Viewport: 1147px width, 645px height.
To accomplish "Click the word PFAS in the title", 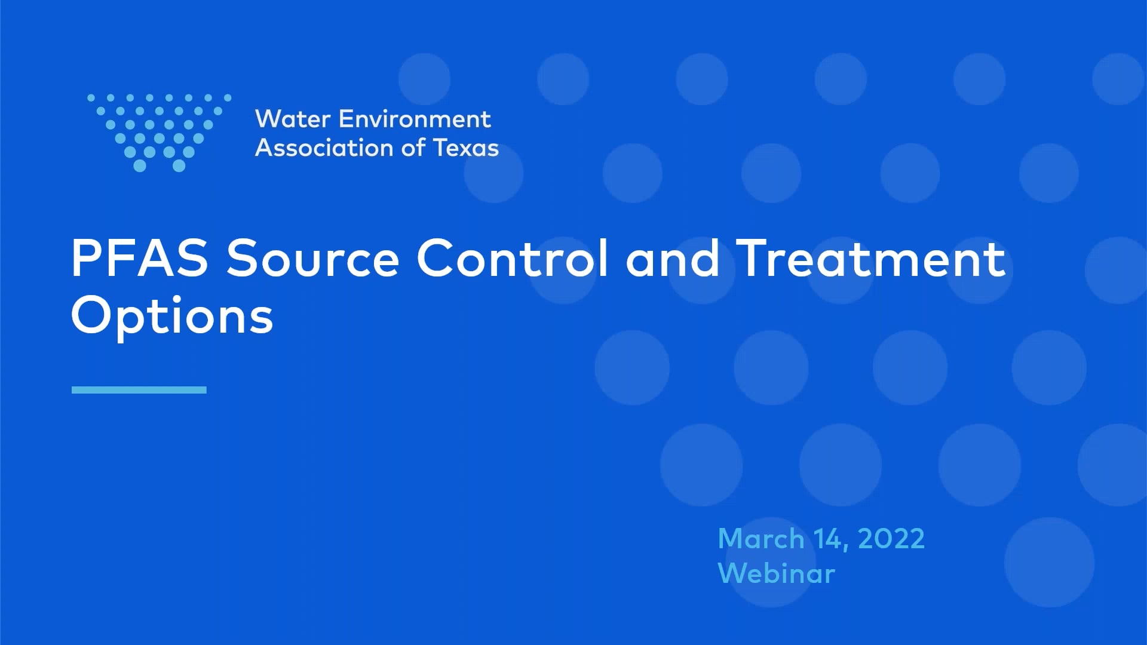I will click(x=139, y=258).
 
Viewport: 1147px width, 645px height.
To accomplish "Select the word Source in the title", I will click(x=312, y=259).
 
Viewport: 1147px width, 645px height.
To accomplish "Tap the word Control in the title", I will click(x=513, y=258).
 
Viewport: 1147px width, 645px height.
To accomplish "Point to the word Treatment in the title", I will click(x=871, y=258).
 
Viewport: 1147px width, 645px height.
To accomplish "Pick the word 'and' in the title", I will click(x=673, y=259).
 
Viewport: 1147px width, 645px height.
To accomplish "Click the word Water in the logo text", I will click(x=293, y=119).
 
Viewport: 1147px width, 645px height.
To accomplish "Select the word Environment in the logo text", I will click(x=415, y=119).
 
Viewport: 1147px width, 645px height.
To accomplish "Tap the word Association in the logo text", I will click(x=324, y=148).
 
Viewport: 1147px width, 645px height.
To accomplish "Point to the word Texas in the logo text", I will click(x=466, y=148).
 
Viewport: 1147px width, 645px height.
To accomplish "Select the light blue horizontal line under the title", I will click(x=139, y=390).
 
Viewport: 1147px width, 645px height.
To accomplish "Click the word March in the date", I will click(x=761, y=539).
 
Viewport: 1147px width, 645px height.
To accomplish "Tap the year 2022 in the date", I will click(x=891, y=539).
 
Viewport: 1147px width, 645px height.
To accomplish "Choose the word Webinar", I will click(x=776, y=573).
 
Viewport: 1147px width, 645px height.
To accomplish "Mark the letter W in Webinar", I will click(x=734, y=573).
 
